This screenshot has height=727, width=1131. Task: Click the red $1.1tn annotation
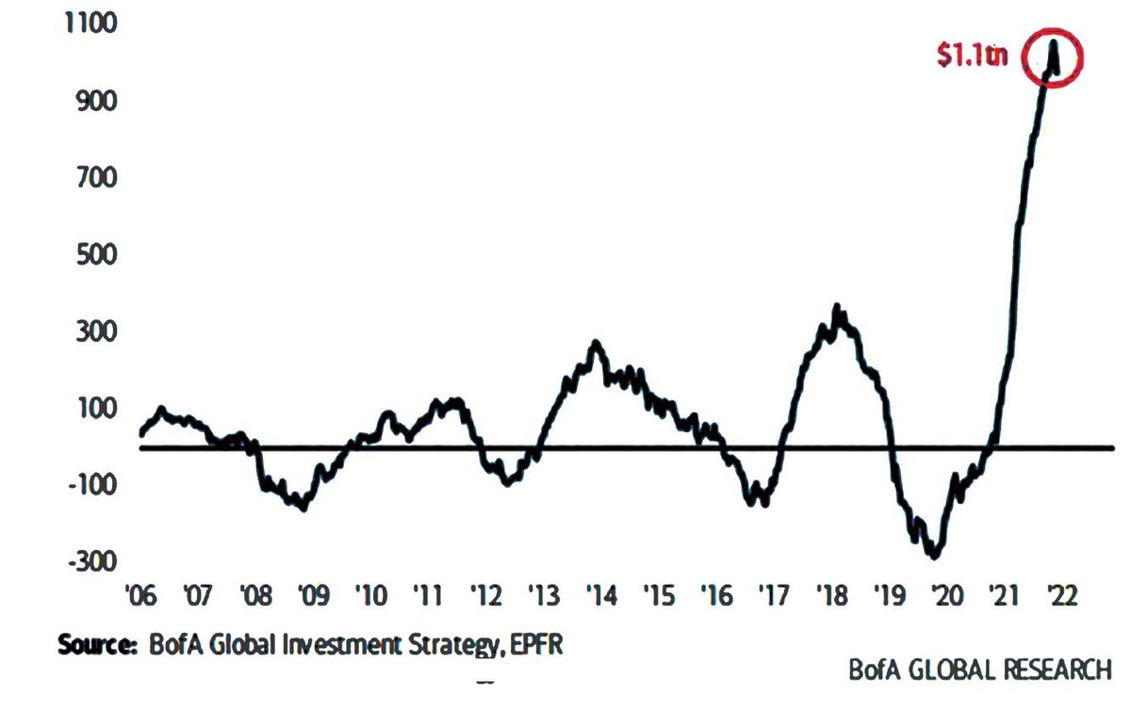(x=972, y=56)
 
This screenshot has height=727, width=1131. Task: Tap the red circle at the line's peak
(x=1054, y=58)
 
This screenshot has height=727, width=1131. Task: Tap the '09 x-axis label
(x=311, y=597)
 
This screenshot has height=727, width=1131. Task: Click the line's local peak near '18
(x=837, y=308)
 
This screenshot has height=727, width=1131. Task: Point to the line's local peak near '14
(x=596, y=343)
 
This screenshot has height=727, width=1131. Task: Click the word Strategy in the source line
(x=440, y=646)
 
